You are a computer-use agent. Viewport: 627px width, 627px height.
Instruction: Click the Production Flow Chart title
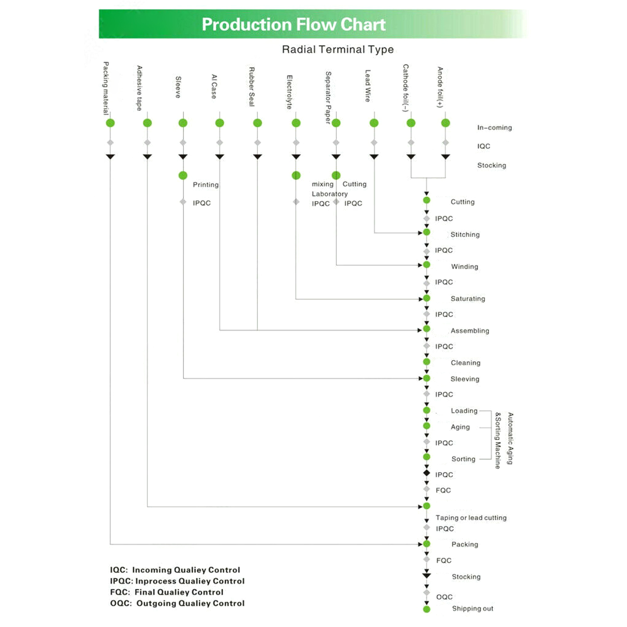294,24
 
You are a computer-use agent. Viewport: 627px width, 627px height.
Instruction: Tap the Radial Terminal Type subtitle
337,49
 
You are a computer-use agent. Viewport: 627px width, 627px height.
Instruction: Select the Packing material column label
106,88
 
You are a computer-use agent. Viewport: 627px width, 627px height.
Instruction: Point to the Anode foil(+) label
440,87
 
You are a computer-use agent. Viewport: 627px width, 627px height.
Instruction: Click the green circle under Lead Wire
374,123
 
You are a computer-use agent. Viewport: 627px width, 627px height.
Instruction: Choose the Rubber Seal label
252,87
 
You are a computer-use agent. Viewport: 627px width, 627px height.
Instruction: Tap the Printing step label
205,185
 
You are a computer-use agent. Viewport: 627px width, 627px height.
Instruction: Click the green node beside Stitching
427,232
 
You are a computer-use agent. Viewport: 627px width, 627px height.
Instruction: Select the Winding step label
464,266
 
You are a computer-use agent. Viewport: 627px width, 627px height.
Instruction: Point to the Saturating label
468,299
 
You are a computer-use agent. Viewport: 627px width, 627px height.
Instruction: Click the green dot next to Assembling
427,329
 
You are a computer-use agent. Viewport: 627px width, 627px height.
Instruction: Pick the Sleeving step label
465,379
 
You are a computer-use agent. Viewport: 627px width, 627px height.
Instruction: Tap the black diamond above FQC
427,473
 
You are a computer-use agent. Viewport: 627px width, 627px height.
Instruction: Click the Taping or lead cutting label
471,518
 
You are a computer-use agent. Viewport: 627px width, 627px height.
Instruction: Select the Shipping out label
472,609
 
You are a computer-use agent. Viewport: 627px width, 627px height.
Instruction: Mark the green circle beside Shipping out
427,609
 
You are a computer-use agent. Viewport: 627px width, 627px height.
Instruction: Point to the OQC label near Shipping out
444,597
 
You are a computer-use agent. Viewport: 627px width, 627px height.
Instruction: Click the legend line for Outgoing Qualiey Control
177,603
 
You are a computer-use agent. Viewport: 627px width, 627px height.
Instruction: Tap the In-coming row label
494,128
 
